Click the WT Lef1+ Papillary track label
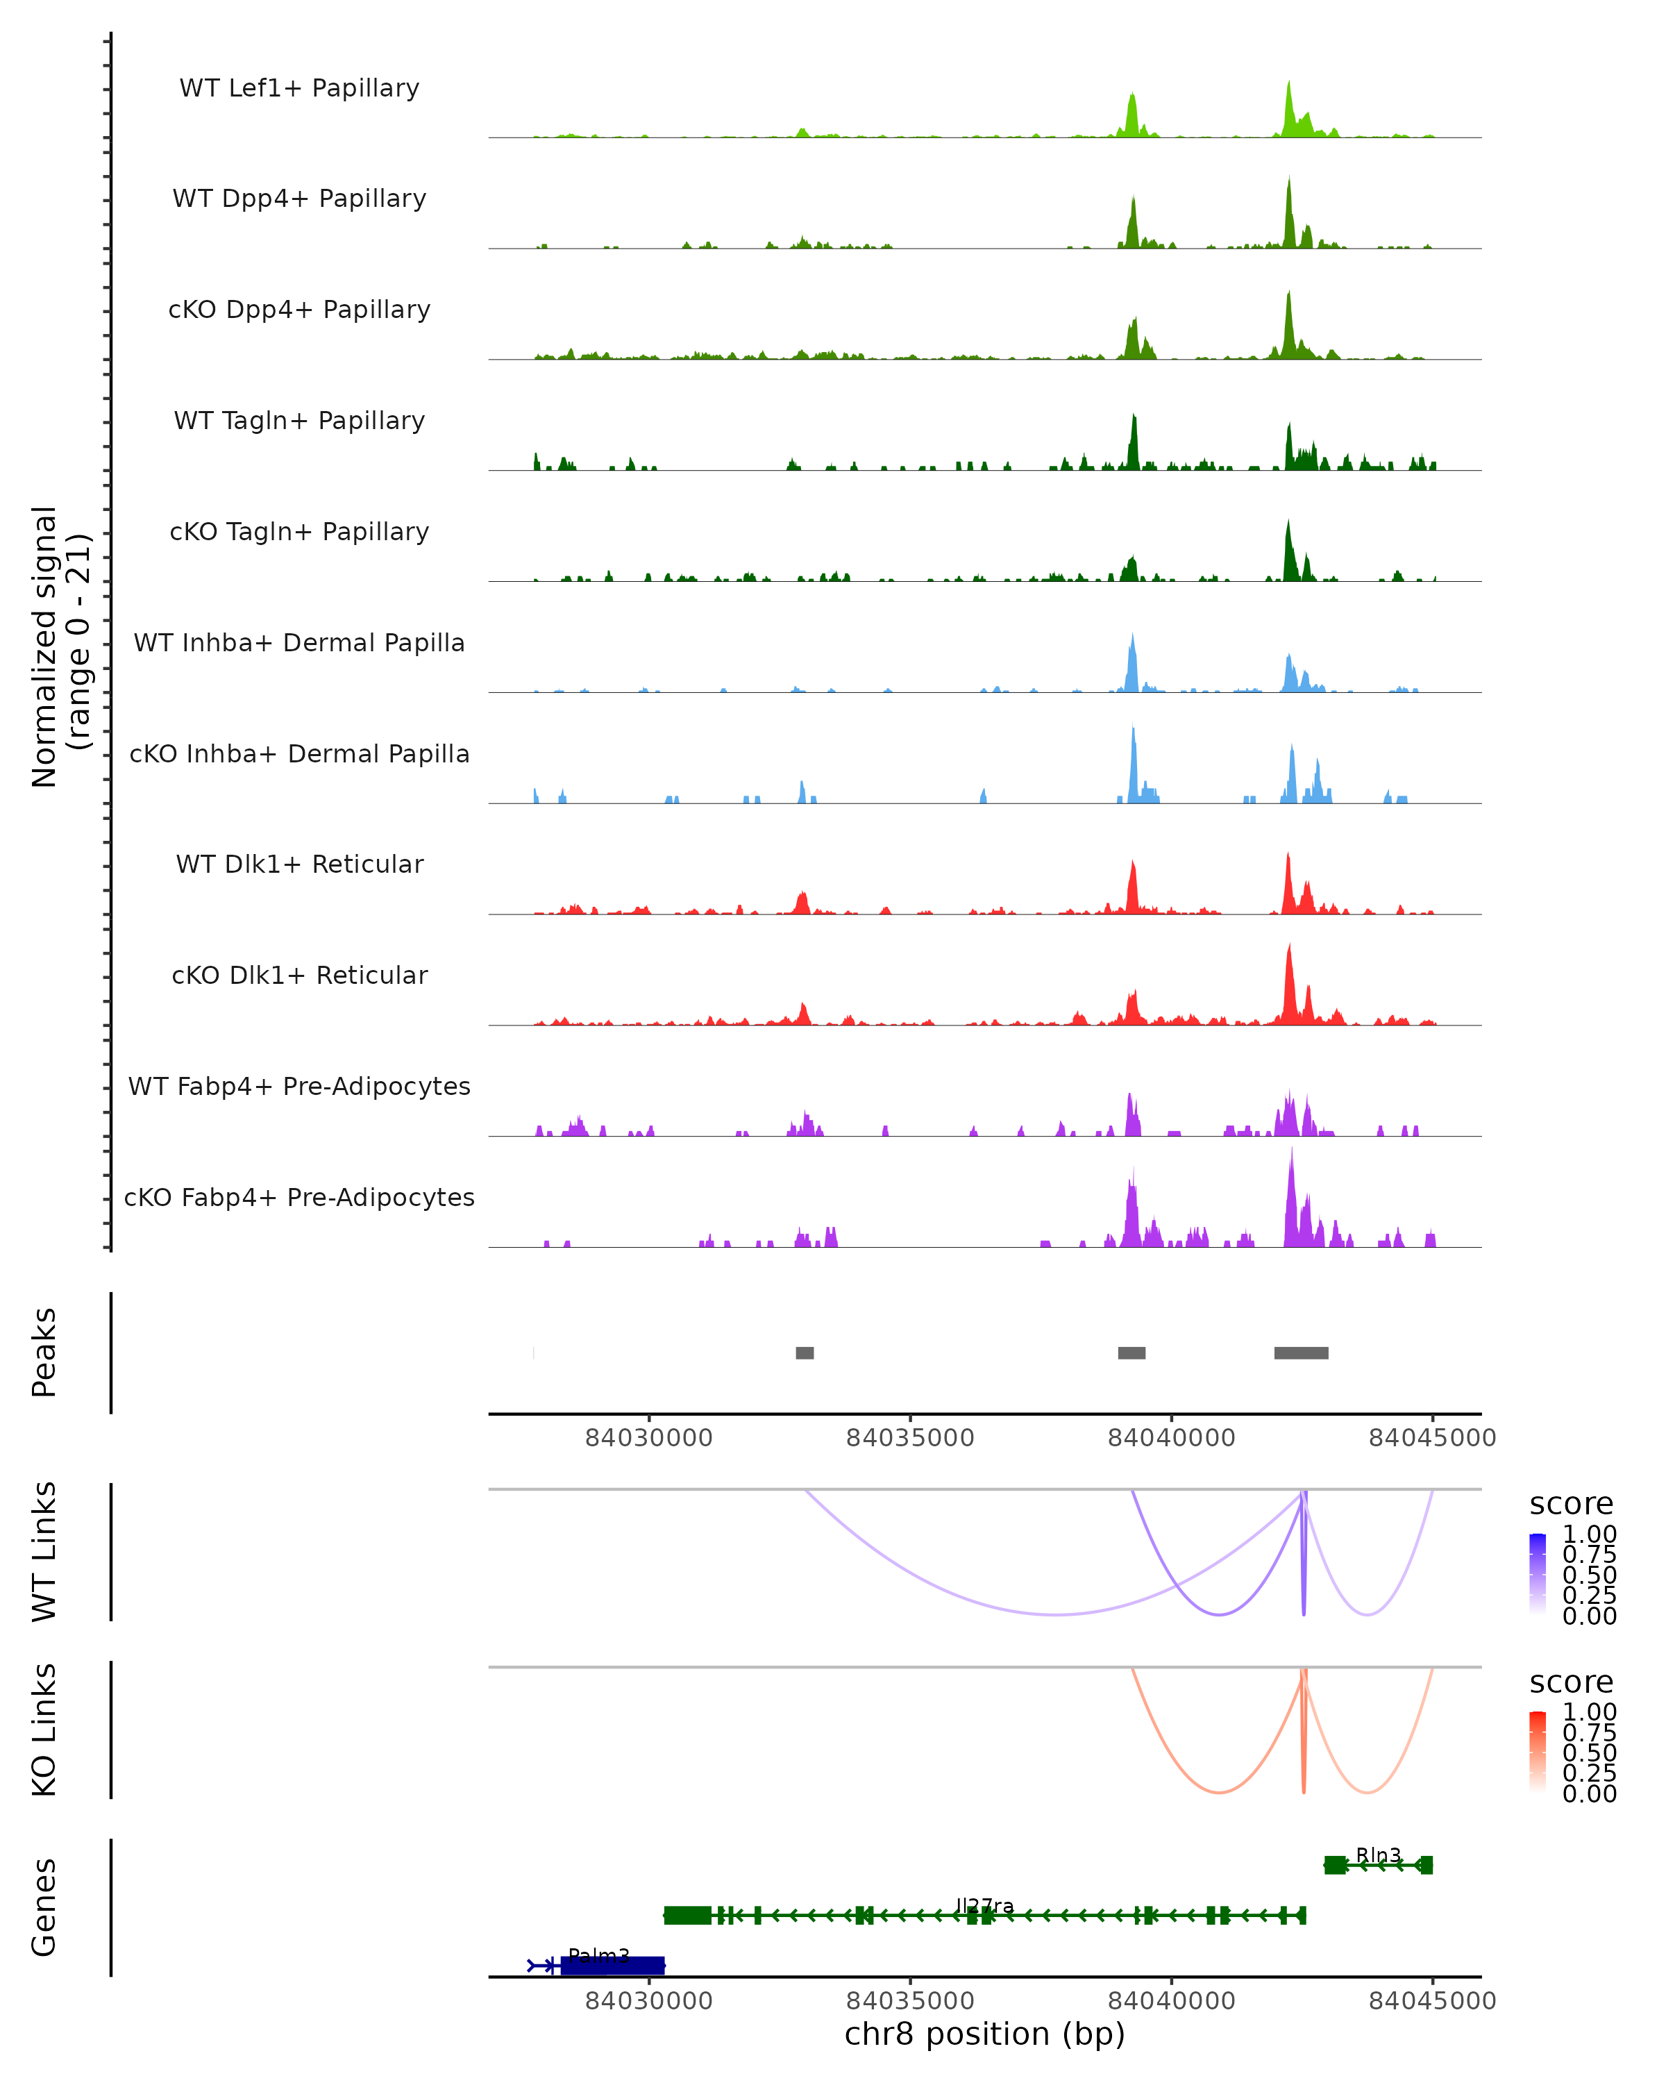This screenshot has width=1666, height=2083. (x=299, y=88)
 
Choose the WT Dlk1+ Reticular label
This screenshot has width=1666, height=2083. (x=299, y=864)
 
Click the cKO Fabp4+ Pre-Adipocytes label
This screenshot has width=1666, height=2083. (x=299, y=1197)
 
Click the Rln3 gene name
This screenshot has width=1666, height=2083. (x=1378, y=1855)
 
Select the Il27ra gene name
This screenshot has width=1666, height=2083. (x=984, y=1905)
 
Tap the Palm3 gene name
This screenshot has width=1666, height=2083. (x=599, y=1955)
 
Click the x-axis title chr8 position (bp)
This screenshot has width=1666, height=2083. (x=984, y=2034)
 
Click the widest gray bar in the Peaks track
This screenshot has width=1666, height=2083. (x=1301, y=1353)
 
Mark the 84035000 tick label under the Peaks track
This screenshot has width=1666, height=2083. (x=910, y=1438)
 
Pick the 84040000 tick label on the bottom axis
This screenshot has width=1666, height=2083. (x=1172, y=2000)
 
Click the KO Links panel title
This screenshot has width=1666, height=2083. (x=44, y=1730)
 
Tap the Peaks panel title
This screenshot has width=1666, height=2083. (x=44, y=1353)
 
